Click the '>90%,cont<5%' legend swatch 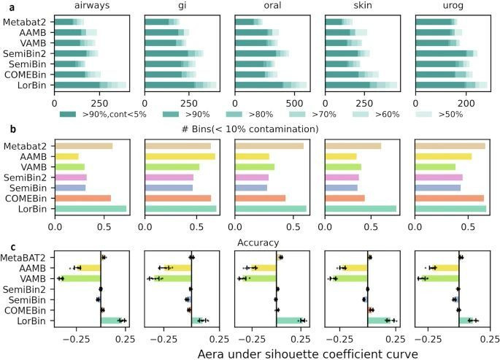(69, 114)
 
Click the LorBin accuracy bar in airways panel (91, 209)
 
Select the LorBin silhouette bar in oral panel (291, 321)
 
